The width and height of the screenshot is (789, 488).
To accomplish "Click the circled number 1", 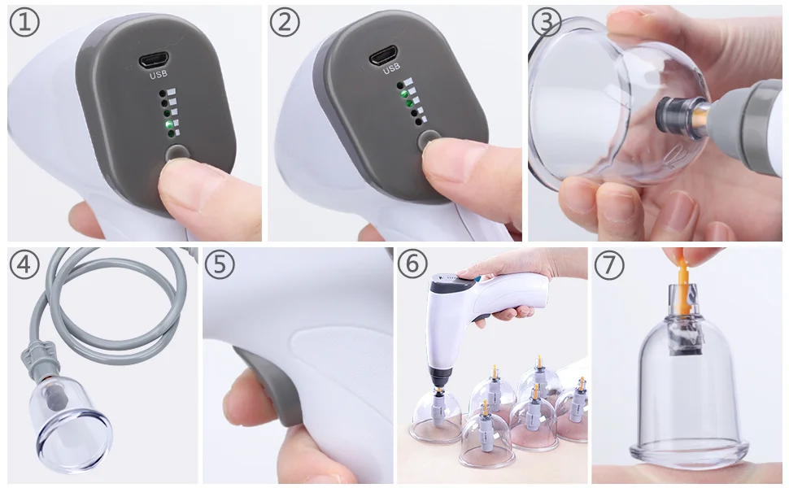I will pyautogui.click(x=24, y=22).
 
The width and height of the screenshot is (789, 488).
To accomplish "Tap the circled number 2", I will pyautogui.click(x=284, y=22).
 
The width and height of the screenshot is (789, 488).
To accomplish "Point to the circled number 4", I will pyautogui.click(x=24, y=265).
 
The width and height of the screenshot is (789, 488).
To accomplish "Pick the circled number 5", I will pyautogui.click(x=219, y=265).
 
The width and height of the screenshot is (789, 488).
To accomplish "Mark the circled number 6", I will pyautogui.click(x=413, y=265).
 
